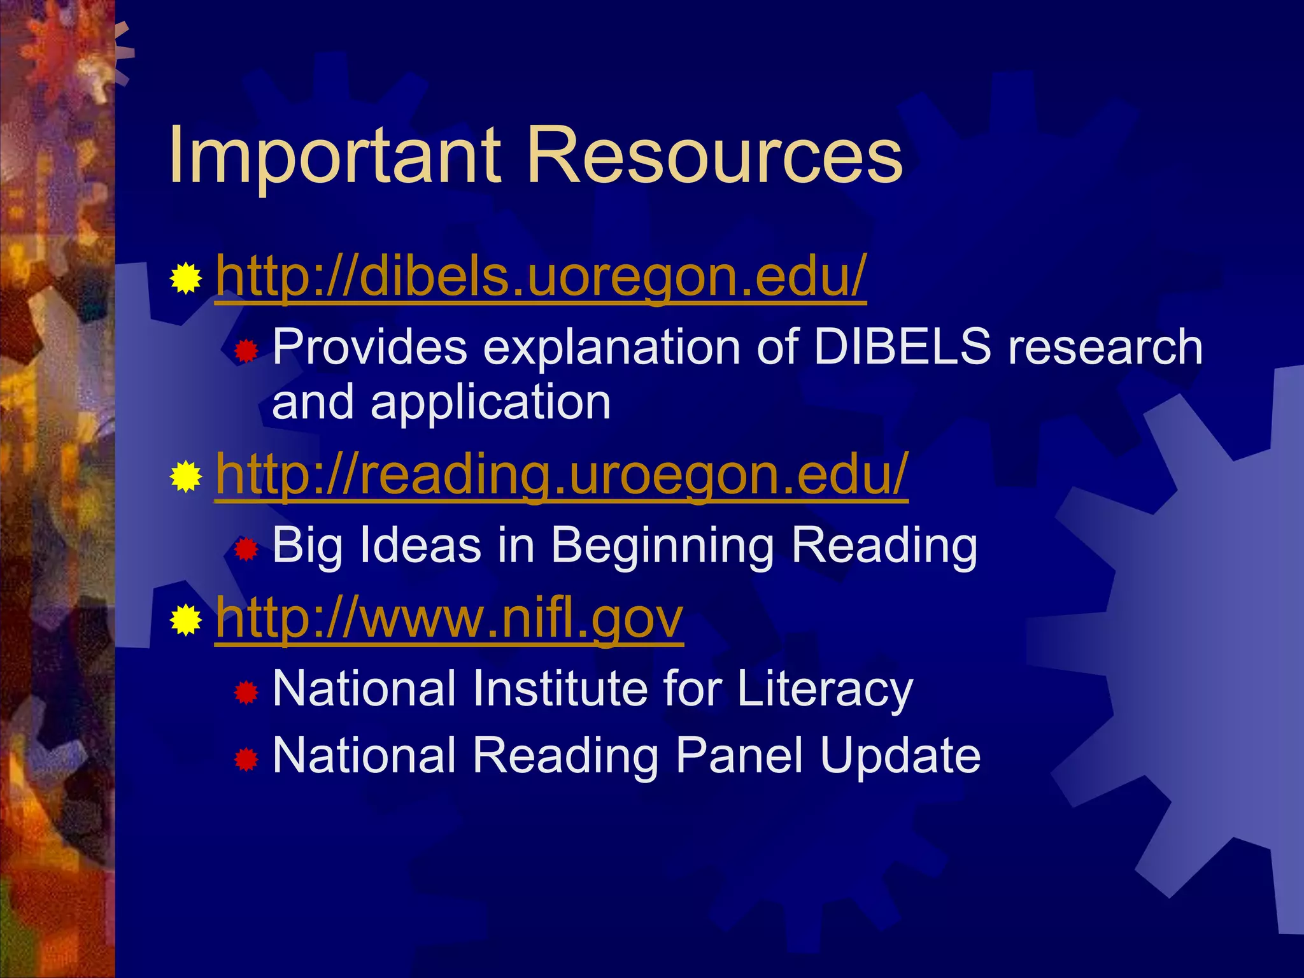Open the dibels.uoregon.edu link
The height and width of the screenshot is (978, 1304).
pyautogui.click(x=541, y=277)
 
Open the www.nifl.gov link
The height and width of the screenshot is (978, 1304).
pyautogui.click(x=449, y=618)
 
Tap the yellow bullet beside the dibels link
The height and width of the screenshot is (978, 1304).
pyautogui.click(x=186, y=278)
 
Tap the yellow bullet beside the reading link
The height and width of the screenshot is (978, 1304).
pyautogui.click(x=186, y=477)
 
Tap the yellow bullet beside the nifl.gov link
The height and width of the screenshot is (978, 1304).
pyautogui.click(x=186, y=620)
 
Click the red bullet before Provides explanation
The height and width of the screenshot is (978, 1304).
pyautogui.click(x=246, y=351)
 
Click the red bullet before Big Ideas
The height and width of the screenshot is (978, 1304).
pyautogui.click(x=246, y=549)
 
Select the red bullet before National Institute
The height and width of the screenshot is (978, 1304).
pyautogui.click(x=246, y=692)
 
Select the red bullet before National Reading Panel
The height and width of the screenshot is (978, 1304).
pyautogui.click(x=246, y=759)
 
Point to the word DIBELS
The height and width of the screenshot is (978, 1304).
pyautogui.click(x=902, y=347)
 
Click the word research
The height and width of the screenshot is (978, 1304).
pyautogui.click(x=1105, y=347)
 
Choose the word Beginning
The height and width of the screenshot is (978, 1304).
pyautogui.click(x=662, y=546)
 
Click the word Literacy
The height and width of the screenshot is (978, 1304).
pyautogui.click(x=825, y=690)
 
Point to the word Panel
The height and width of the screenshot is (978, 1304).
pyautogui.click(x=739, y=755)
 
